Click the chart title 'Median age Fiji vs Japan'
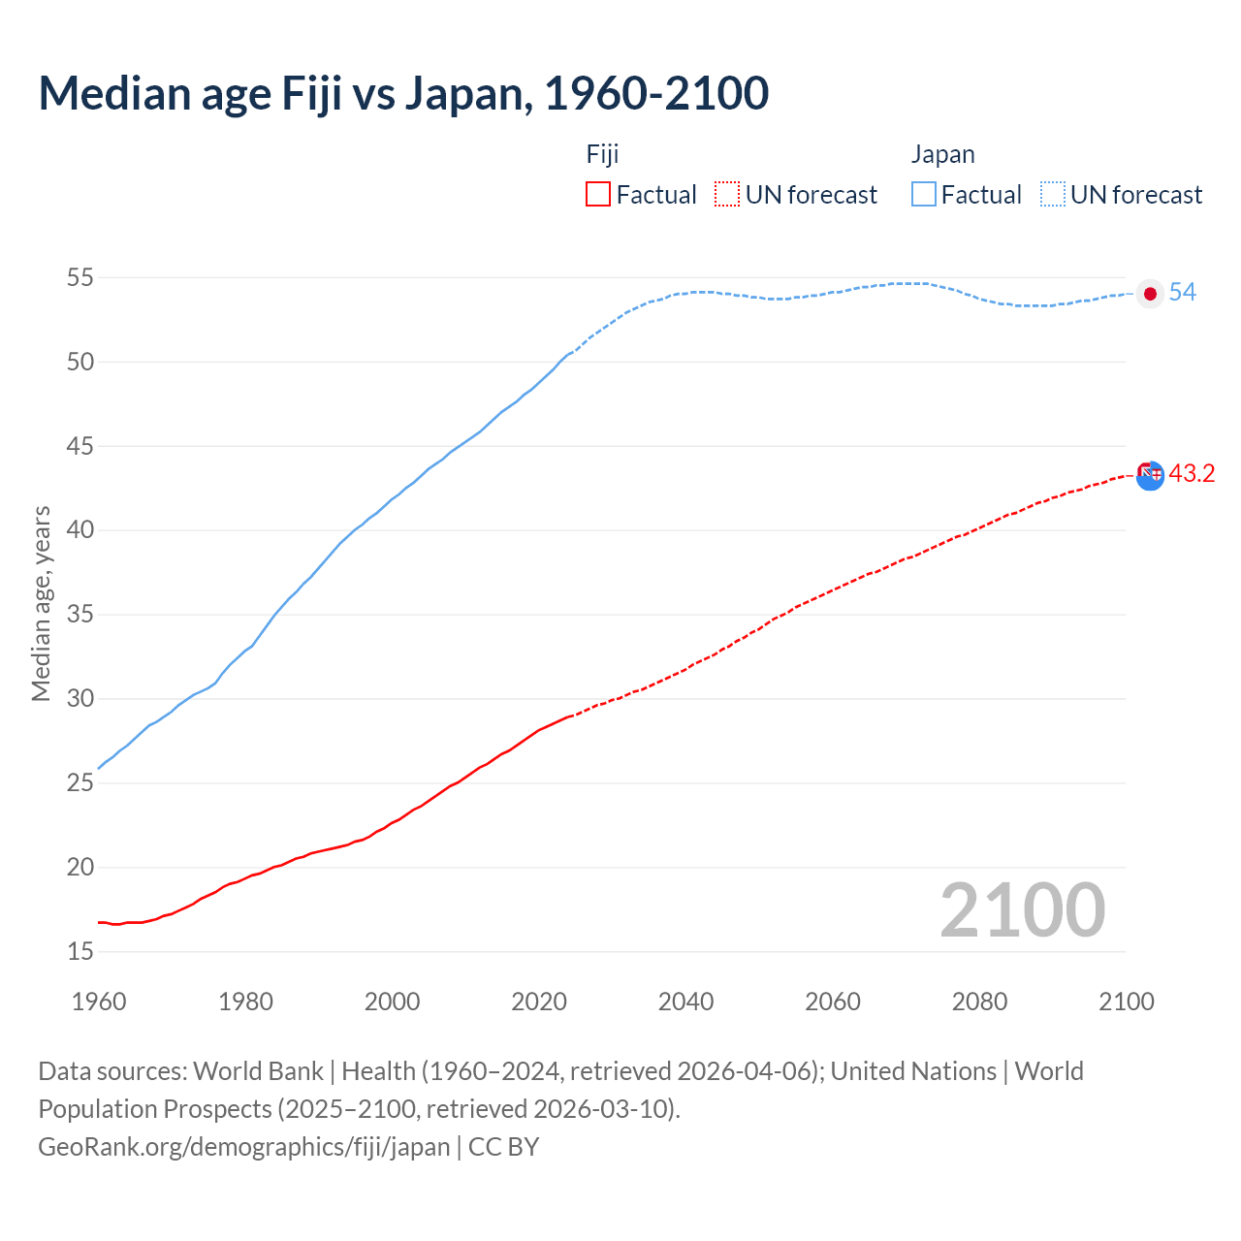pyautogui.click(x=403, y=93)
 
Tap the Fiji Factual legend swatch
pyautogui.click(x=598, y=195)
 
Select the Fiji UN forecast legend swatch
pyautogui.click(x=727, y=195)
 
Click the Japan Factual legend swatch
pyautogui.click(x=924, y=195)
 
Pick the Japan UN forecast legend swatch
pyautogui.click(x=1053, y=195)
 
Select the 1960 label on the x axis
pyautogui.click(x=99, y=1002)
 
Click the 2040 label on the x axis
pyautogui.click(x=685, y=1002)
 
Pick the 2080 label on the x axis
pyautogui.click(x=979, y=1002)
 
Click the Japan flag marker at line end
pyautogui.click(x=1150, y=294)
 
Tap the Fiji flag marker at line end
pyautogui.click(x=1150, y=475)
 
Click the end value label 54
pyautogui.click(x=1182, y=293)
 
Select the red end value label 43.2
pyautogui.click(x=1192, y=474)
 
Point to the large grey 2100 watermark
pyautogui.click(x=1022, y=910)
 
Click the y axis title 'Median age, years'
pyautogui.click(x=41, y=603)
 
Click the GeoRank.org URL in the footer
pyautogui.click(x=243, y=1147)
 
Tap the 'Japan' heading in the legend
pyautogui.click(x=942, y=155)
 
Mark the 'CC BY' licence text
pyautogui.click(x=503, y=1147)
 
